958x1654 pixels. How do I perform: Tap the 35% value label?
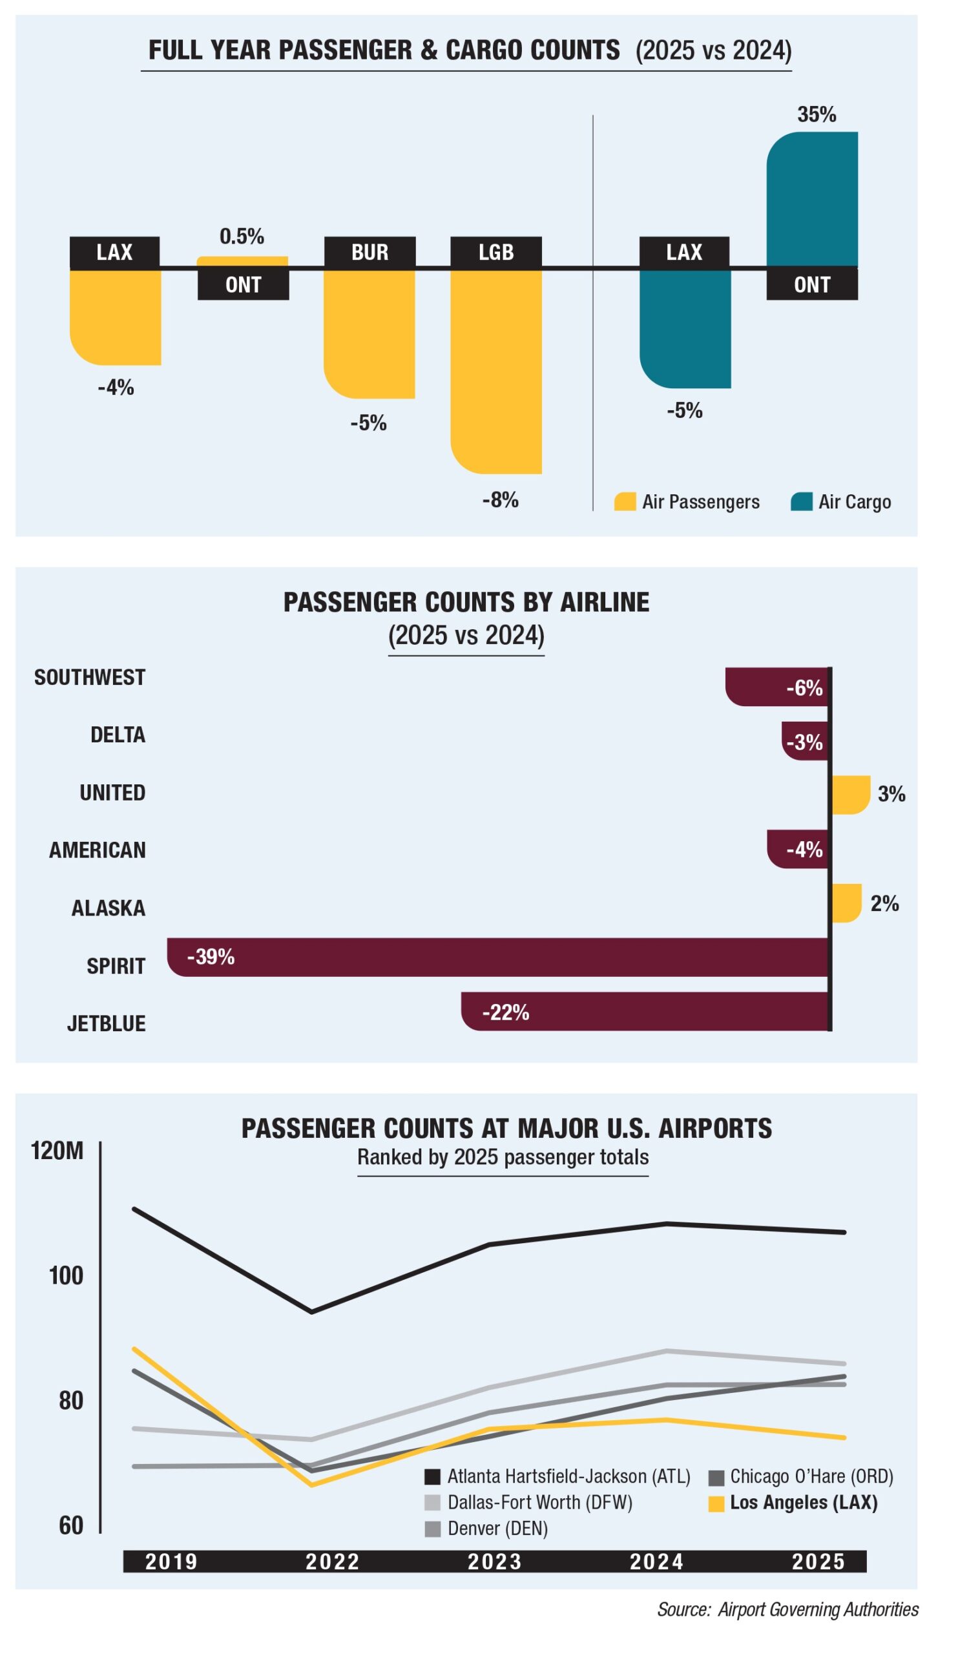pos(817,115)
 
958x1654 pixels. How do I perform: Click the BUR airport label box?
pos(370,252)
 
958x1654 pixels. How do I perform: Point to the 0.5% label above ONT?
pos(242,236)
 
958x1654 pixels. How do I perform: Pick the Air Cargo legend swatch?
pos(801,502)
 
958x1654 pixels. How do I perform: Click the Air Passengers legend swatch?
pos(625,502)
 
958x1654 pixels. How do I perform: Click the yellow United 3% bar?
pos(850,795)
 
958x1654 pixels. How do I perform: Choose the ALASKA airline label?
pos(109,908)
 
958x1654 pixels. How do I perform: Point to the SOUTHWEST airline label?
pos(90,677)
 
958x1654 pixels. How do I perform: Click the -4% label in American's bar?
pos(804,850)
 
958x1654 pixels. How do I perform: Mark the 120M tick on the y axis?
pos(57,1151)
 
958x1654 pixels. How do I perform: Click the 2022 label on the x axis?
pos(333,1562)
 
